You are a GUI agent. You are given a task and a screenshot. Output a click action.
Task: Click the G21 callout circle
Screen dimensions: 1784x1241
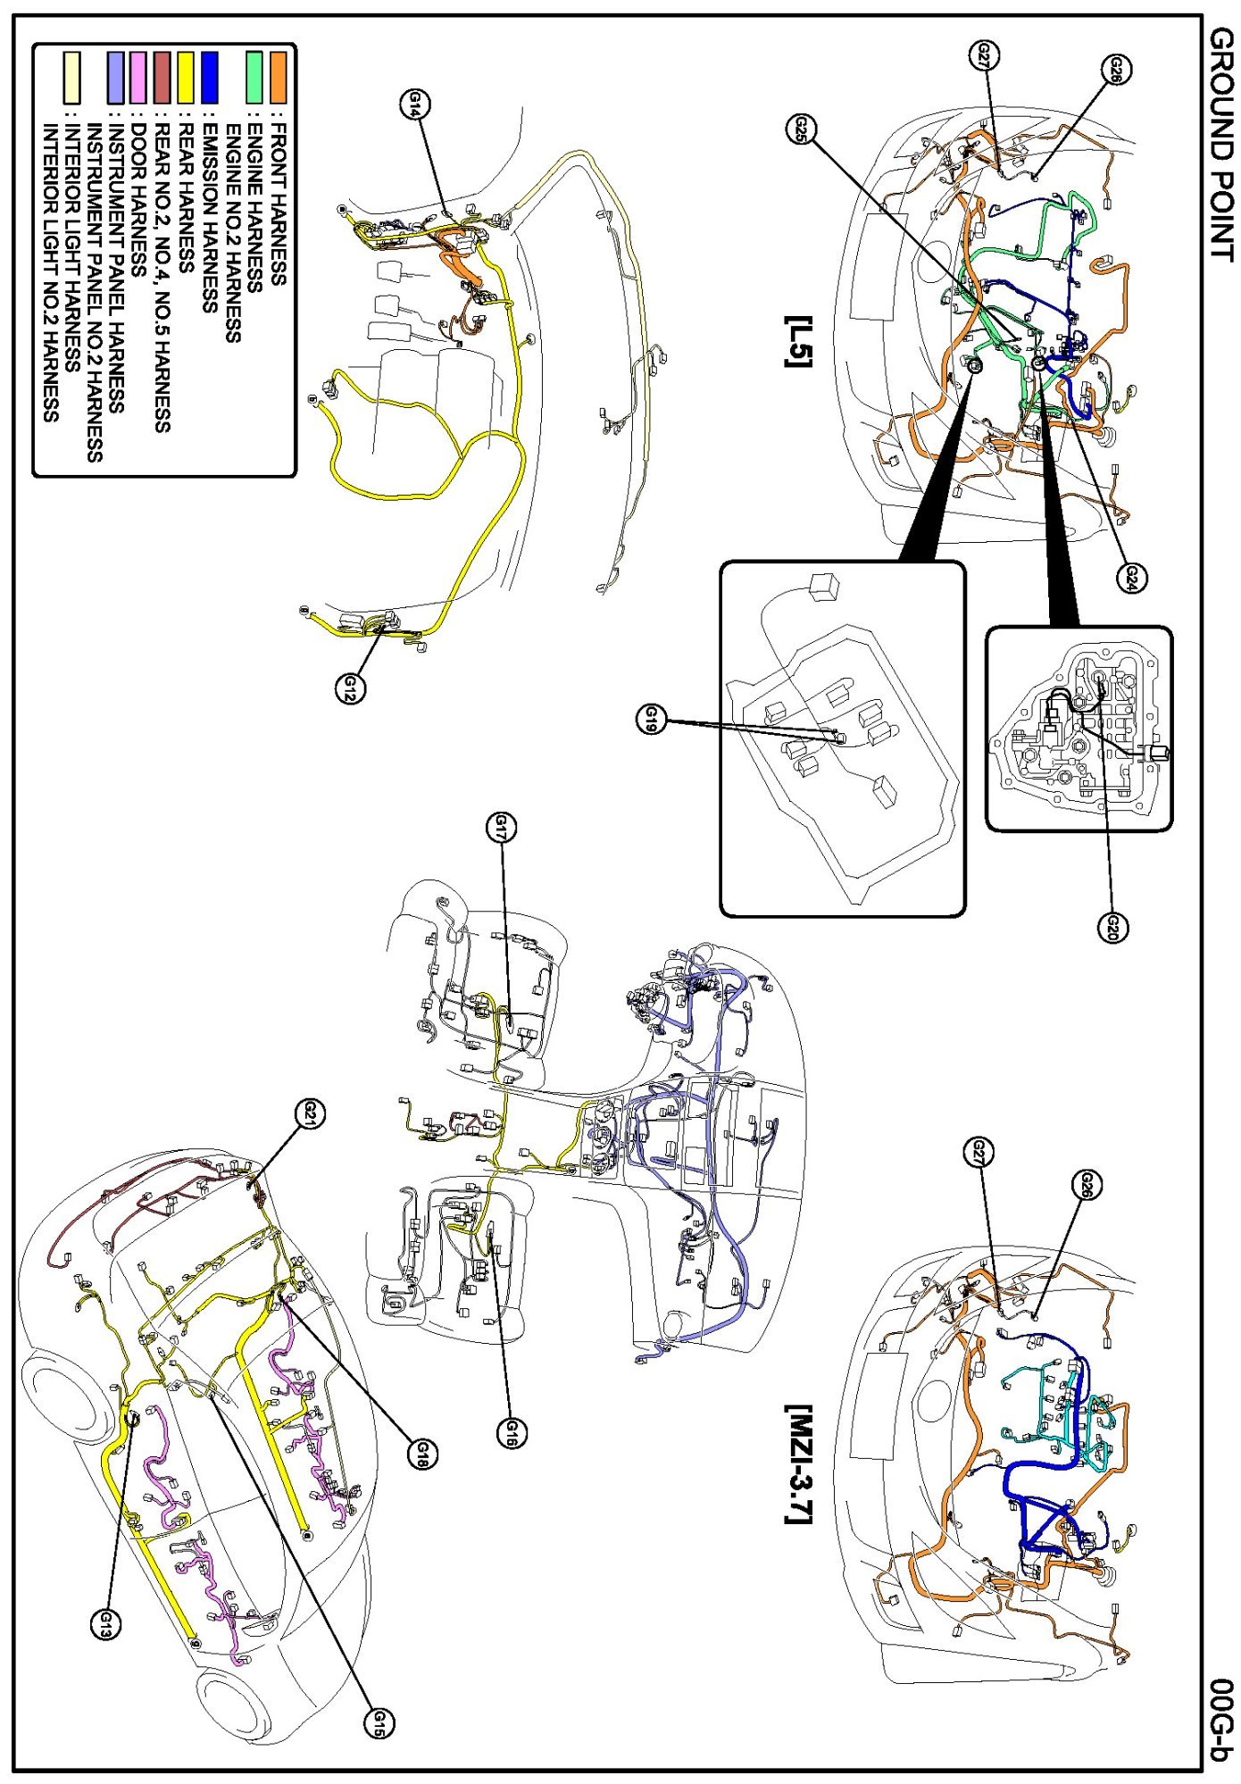[x=311, y=1113]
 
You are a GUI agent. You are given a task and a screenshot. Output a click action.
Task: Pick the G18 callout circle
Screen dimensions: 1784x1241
[x=421, y=1454]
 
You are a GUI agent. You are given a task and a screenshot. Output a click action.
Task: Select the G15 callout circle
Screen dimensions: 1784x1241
[x=379, y=1721]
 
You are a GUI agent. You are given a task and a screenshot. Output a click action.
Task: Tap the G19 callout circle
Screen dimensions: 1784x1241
[x=653, y=718]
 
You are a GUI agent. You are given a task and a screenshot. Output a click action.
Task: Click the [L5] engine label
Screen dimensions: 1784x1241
[x=797, y=341]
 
